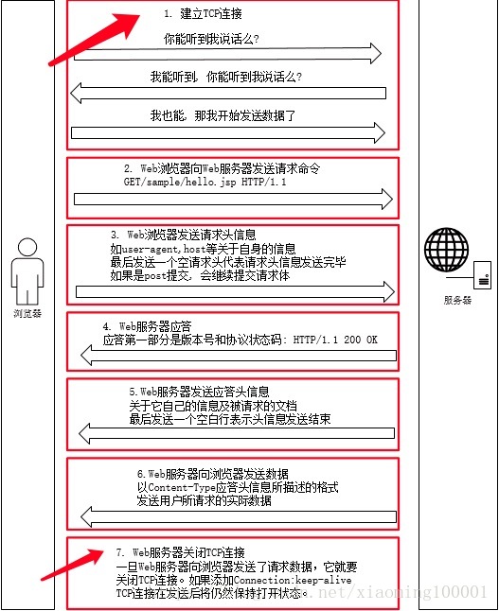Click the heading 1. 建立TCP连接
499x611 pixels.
coord(203,14)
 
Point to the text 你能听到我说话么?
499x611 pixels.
coord(211,39)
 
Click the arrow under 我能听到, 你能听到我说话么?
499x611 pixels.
coord(228,93)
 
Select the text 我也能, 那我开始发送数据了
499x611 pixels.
coord(223,115)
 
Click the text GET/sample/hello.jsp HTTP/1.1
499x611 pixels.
coord(205,180)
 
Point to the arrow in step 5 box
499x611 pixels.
coord(238,433)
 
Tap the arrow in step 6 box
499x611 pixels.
coord(238,516)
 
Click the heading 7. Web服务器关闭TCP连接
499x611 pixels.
coord(180,551)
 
